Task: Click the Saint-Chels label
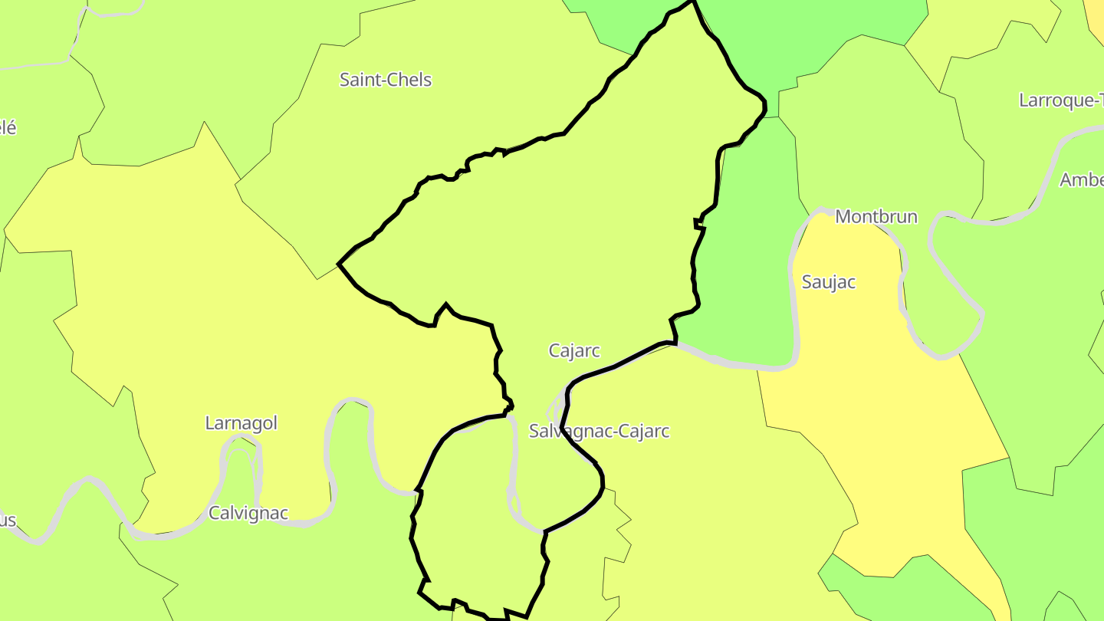(386, 80)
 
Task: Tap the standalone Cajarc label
(574, 350)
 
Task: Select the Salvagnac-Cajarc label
(599, 431)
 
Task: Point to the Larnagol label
(241, 422)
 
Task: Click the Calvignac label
(248, 513)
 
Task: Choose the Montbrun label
(876, 216)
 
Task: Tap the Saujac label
(828, 281)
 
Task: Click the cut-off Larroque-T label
(1061, 100)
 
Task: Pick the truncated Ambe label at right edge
(1081, 179)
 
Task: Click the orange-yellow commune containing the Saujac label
(882, 399)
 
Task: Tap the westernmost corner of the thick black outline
(339, 264)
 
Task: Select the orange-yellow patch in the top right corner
(1095, 19)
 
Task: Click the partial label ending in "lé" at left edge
(7, 127)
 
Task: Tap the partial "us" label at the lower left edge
(7, 521)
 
